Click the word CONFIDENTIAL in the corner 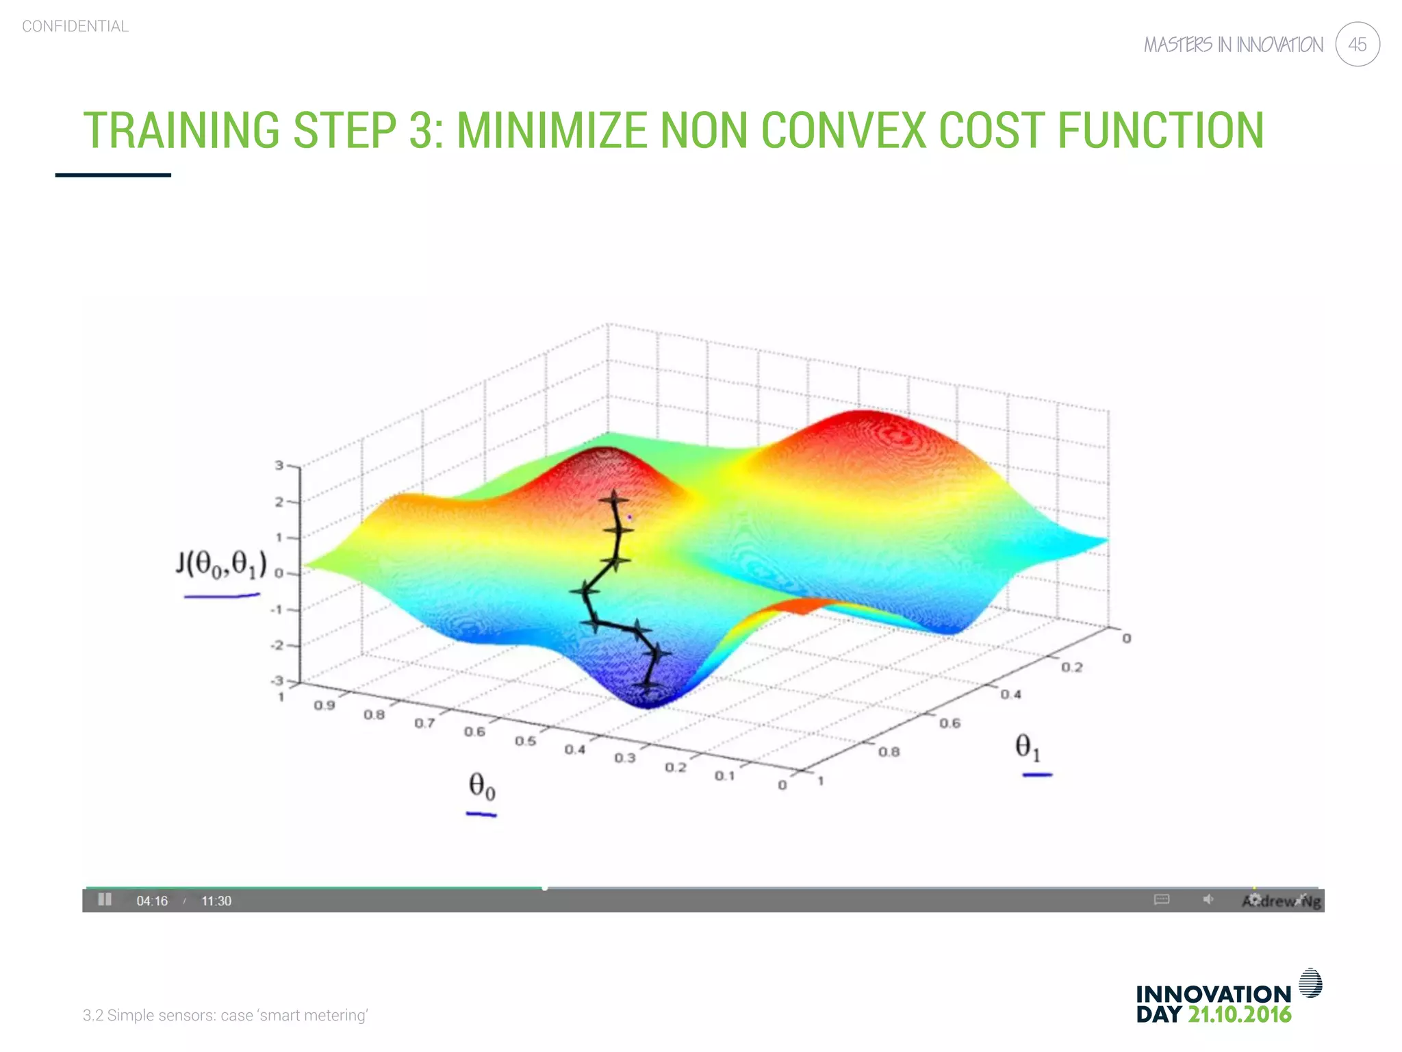click(x=75, y=27)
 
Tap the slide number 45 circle click(x=1357, y=45)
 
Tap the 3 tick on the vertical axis click(x=279, y=466)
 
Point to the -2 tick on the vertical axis click(x=277, y=645)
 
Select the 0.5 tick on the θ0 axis click(x=525, y=741)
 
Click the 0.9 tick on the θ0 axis click(x=324, y=705)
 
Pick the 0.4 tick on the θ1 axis click(x=1010, y=694)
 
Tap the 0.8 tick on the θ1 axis click(x=889, y=752)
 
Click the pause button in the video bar click(x=105, y=899)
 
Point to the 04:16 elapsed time click(x=152, y=901)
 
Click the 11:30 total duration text click(x=216, y=901)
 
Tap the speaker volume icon click(x=1208, y=899)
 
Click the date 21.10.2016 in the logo click(x=1239, y=1014)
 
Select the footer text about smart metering click(x=225, y=1015)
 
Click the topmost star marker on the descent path click(x=613, y=499)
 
